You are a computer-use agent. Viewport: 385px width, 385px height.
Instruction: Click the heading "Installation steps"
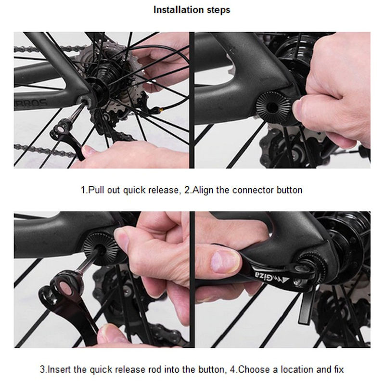[x=192, y=10]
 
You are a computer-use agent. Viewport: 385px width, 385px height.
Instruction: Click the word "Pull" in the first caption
[x=96, y=190]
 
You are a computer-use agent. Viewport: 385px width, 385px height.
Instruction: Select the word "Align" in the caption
[x=203, y=190]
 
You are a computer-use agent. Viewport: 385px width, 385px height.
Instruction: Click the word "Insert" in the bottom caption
[x=59, y=369]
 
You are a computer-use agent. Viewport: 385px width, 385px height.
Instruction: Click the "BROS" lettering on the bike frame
[x=32, y=103]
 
